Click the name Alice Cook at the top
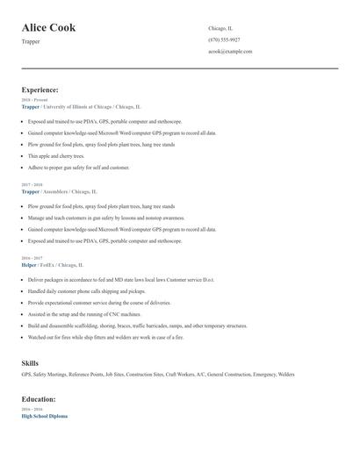[48, 28]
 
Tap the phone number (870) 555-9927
[224, 39]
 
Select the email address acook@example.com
[230, 52]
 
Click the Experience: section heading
[40, 89]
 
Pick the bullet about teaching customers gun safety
[105, 217]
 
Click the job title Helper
[28, 264]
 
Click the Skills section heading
[30, 362]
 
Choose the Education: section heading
[40, 399]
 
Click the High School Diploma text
[44, 416]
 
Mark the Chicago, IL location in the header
[220, 28]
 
